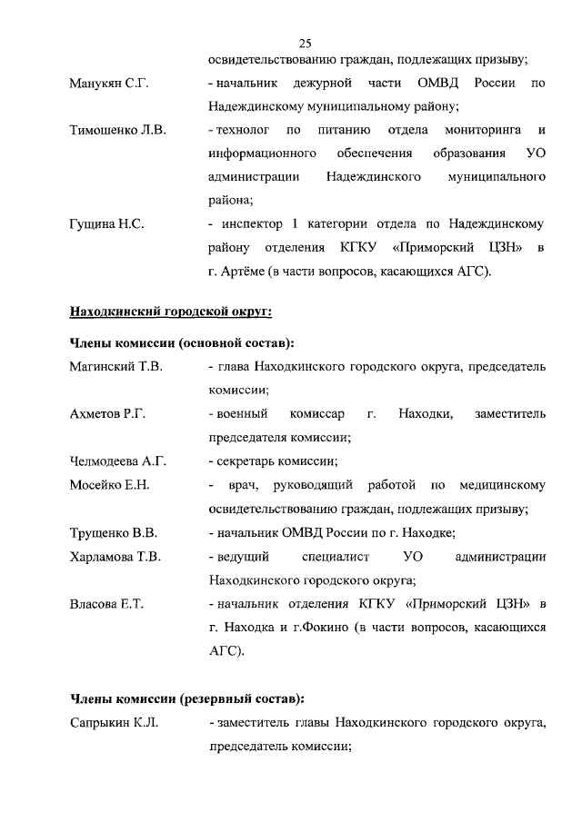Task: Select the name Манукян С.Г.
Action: pos(109,84)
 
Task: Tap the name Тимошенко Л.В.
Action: pos(117,131)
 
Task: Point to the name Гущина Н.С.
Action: pos(107,223)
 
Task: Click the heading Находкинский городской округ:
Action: pos(171,312)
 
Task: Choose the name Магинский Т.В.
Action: pos(115,367)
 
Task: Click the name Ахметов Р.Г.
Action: pos(108,414)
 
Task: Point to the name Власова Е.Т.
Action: pos(107,603)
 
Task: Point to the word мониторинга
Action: pos(482,131)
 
